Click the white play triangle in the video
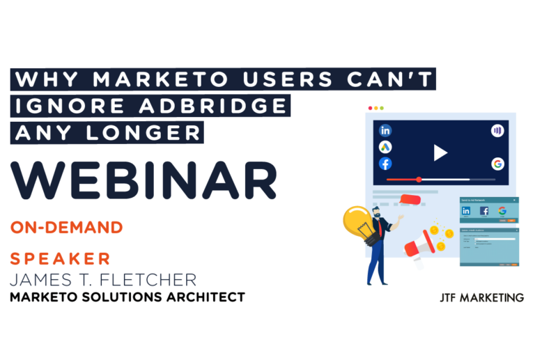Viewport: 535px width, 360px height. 440,152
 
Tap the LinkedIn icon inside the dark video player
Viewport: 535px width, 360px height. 385,130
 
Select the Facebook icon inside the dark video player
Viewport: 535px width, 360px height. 385,164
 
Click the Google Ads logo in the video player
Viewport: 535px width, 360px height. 385,147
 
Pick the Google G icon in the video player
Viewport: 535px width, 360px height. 497,164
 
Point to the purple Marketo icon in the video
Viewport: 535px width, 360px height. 497,130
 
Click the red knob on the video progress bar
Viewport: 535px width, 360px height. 419,180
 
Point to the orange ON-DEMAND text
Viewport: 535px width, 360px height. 67,228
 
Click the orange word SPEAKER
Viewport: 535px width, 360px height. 61,259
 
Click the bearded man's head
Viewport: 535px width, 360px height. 377,212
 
